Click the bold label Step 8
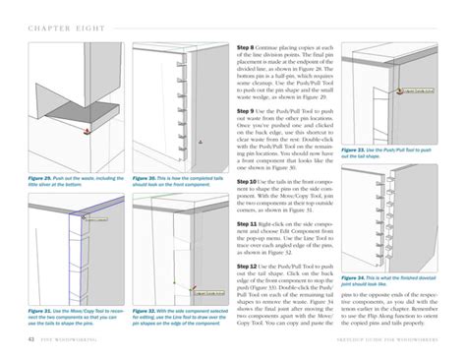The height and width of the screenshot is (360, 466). tap(247, 47)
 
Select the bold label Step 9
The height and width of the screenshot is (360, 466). tap(247, 112)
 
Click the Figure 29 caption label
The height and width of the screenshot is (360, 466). tap(41, 178)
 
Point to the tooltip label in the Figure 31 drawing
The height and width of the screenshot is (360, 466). tap(93, 220)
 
